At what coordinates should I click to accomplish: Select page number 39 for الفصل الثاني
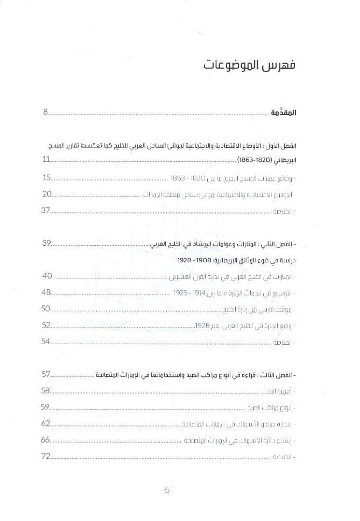point(47,244)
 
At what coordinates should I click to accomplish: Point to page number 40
point(47,276)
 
